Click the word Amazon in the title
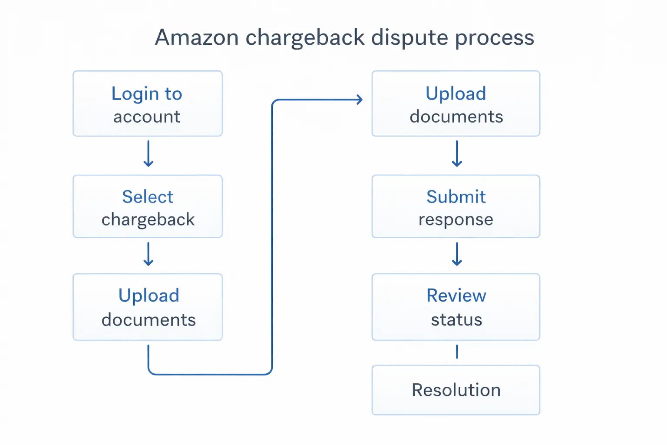(197, 37)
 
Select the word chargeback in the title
(305, 37)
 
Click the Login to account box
(148, 104)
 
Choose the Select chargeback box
(148, 206)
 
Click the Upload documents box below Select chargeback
(148, 307)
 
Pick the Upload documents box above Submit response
(456, 104)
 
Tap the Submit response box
(456, 206)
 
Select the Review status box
(456, 307)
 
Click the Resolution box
(456, 390)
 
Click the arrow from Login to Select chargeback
(149, 154)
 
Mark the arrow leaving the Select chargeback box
(149, 254)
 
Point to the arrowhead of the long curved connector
(359, 100)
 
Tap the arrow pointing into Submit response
(457, 154)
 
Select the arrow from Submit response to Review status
(457, 254)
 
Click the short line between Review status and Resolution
(457, 352)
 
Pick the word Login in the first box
(135, 94)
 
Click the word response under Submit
(456, 220)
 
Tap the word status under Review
(456, 320)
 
